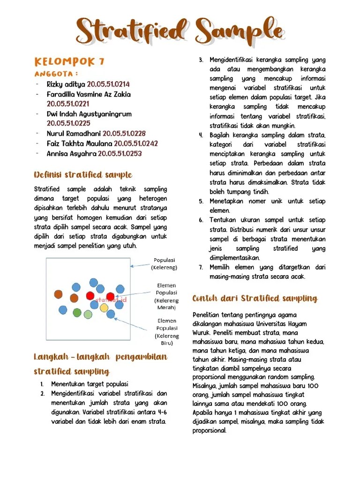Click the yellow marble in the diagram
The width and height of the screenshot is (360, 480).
[x=104, y=307]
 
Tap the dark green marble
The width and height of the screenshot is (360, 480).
[x=77, y=313]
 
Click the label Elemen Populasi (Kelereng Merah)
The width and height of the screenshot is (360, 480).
[x=166, y=296]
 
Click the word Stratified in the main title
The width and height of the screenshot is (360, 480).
[x=130, y=31]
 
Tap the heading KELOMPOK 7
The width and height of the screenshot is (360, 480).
[x=69, y=62]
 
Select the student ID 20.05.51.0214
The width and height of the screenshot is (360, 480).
[x=108, y=84]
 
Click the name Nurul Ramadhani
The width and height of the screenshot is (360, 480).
[x=74, y=134]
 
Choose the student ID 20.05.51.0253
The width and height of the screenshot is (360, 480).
[x=120, y=153]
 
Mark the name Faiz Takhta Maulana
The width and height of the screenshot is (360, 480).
[x=79, y=143]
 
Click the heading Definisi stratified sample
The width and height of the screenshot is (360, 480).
[x=83, y=175]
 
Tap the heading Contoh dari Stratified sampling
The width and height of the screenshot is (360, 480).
[x=255, y=299]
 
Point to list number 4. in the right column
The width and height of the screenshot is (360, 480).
[x=201, y=135]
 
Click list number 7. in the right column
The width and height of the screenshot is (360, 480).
[x=201, y=267]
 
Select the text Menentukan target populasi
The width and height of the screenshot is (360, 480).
[x=90, y=384]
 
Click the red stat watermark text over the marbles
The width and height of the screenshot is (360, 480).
[x=111, y=299]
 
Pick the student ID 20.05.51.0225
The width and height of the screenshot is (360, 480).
[x=68, y=123]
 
